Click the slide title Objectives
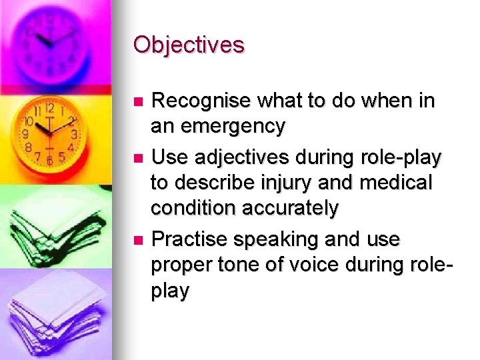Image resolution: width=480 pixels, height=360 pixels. (x=189, y=45)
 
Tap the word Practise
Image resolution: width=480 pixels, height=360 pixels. (x=195, y=239)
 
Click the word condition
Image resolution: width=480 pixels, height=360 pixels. (x=193, y=208)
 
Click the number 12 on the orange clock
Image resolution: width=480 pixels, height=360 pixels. (x=50, y=105)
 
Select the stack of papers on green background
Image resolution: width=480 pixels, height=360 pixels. (x=50, y=223)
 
